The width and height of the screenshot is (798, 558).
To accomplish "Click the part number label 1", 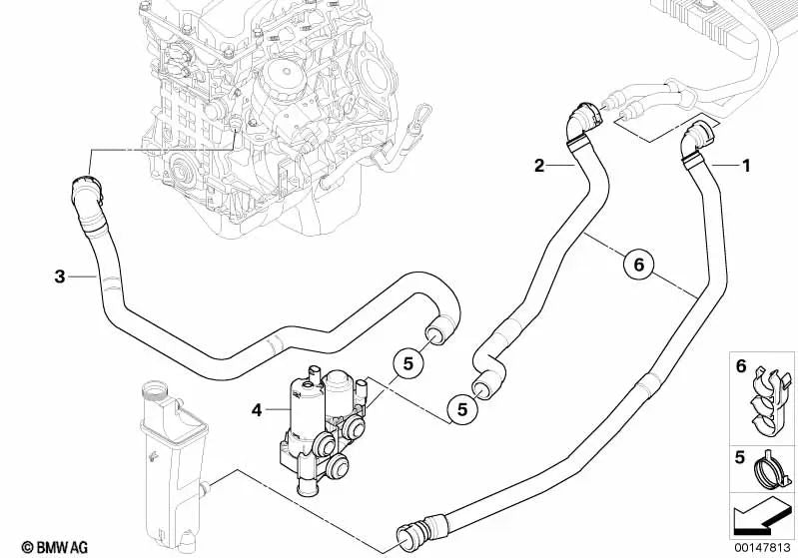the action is pyautogui.click(x=745, y=166).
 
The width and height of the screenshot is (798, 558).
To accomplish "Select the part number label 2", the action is pyautogui.click(x=539, y=167).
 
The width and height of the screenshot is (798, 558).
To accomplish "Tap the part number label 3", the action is pyautogui.click(x=60, y=277).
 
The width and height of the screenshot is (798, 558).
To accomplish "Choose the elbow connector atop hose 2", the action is pyautogui.click(x=581, y=121).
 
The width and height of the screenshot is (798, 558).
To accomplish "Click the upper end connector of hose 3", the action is pyautogui.click(x=84, y=192).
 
